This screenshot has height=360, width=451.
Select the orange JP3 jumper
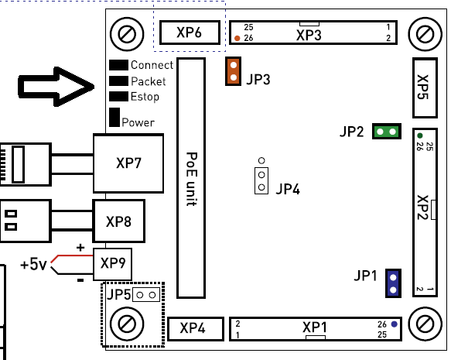point(234,71)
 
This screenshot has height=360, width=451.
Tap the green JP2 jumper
point(387,132)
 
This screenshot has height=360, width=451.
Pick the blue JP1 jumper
point(393,283)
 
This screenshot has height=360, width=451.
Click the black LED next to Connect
point(118,65)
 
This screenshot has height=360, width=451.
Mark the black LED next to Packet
point(118,81)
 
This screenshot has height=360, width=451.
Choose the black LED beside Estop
point(118,97)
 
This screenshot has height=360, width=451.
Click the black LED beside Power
point(114,117)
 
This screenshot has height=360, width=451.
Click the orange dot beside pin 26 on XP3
point(237,38)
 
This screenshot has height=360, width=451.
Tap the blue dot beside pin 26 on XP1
point(394,324)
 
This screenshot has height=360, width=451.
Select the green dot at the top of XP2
point(420,135)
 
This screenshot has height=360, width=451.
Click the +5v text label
point(33,264)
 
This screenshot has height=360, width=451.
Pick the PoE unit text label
point(192,179)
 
